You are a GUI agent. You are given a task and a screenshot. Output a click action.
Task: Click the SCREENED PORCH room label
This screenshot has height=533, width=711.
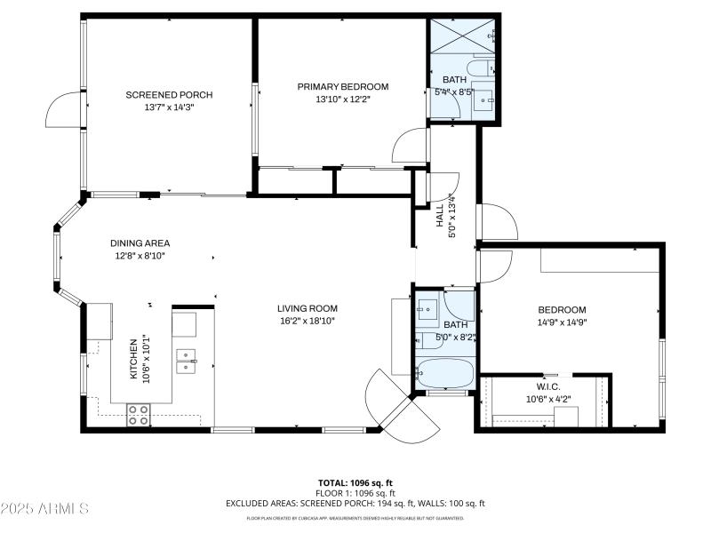tap(169, 95)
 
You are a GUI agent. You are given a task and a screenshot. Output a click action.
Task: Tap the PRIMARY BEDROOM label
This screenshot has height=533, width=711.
tap(342, 86)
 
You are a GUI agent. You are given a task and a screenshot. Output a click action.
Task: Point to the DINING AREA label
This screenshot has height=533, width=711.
tap(140, 243)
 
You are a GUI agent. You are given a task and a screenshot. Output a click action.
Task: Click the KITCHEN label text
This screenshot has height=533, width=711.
tap(134, 358)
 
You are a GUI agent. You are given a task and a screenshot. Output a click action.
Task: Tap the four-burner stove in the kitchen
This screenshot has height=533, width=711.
tap(139, 415)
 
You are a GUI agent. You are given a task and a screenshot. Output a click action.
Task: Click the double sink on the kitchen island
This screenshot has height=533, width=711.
tap(186, 360)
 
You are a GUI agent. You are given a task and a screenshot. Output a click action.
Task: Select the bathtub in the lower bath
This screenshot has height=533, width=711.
tap(445, 374)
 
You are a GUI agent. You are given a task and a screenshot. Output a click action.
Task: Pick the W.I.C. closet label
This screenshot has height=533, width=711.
tap(547, 386)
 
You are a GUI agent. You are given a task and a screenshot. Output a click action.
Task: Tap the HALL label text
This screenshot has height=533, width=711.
tap(439, 218)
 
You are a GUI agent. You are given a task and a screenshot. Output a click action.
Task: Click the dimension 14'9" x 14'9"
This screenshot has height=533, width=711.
tap(562, 322)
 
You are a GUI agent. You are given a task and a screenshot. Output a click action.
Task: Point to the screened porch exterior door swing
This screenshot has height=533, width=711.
tap(65, 108)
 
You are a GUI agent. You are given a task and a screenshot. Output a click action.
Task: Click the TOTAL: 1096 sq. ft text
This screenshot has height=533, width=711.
tap(355, 482)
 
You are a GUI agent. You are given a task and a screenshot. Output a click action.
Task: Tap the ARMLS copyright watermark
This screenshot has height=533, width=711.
tap(44, 509)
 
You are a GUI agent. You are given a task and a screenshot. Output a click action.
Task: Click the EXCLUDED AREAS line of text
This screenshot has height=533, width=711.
tap(355, 503)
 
